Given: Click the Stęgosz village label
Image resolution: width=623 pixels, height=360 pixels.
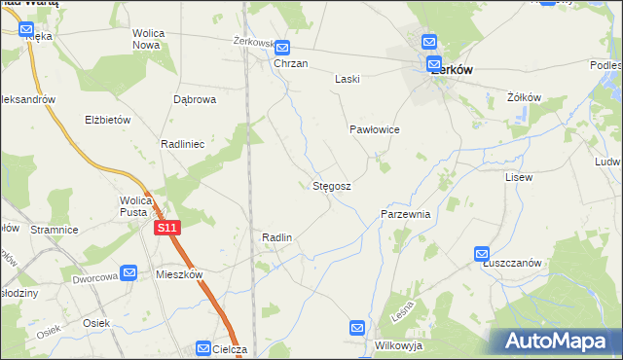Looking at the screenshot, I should (332, 185).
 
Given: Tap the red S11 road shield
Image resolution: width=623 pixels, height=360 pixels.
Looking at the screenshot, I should (166, 227).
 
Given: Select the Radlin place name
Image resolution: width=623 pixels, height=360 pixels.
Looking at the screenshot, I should (277, 237).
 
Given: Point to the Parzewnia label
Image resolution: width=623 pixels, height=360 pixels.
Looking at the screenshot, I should (406, 213).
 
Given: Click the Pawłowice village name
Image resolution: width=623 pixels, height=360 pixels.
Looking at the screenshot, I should (375, 129).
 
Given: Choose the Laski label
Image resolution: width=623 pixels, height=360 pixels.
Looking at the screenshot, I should (348, 80).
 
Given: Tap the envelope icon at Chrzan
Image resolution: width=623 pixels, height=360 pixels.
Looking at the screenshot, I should (282, 48).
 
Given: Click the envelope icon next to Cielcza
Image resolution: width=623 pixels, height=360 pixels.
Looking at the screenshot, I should (203, 347).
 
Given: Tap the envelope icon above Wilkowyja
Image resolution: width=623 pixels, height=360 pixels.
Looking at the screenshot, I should (358, 329).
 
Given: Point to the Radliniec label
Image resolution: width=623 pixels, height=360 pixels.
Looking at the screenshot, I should (182, 143).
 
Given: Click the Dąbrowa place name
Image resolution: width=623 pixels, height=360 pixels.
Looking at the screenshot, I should (194, 99).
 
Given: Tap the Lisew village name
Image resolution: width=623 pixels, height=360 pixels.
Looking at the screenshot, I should (519, 178).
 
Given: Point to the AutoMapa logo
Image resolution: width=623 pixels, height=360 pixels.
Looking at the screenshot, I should (556, 341).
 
